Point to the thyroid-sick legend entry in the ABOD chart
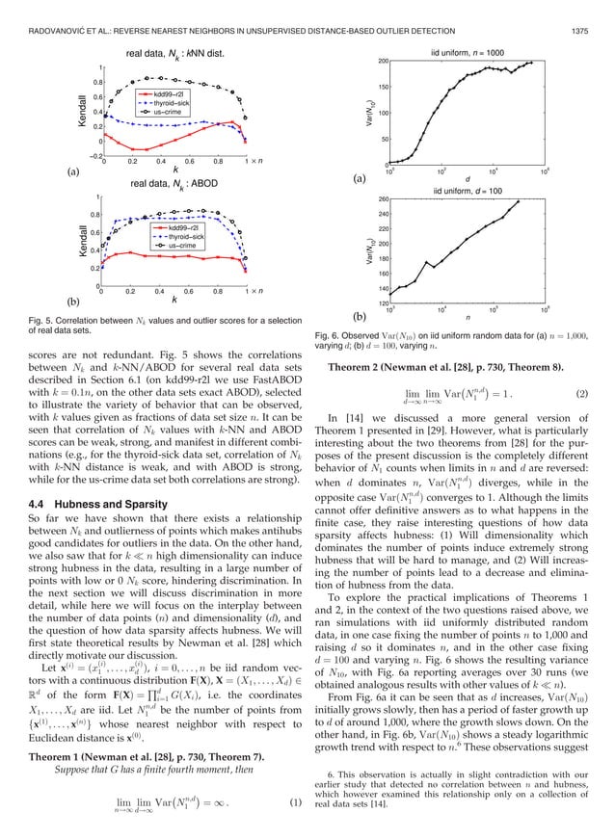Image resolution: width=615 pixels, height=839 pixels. pos(174,236)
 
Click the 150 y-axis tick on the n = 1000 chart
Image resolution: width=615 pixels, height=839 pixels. pos(380,88)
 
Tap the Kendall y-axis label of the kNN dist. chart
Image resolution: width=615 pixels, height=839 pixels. pos(83,111)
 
